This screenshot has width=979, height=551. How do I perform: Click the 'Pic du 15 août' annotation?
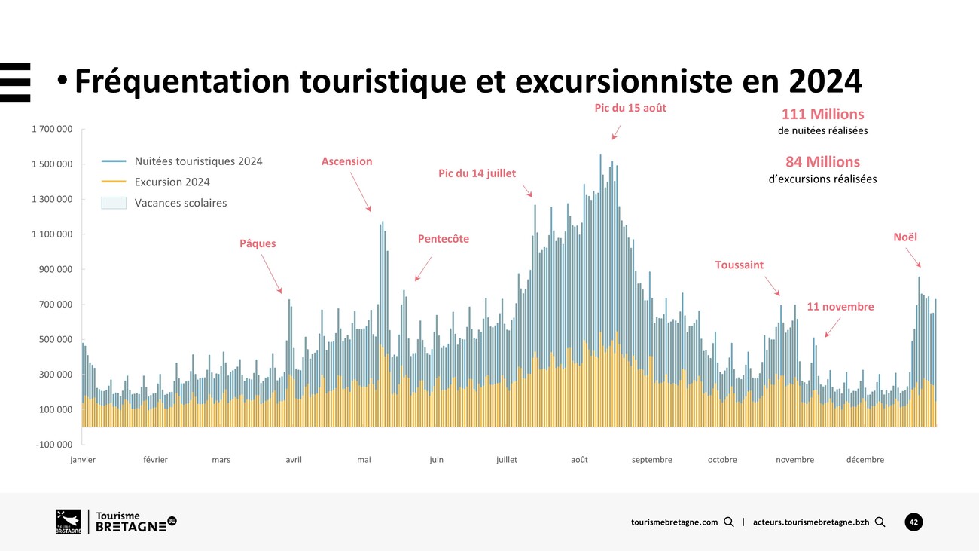point(630,108)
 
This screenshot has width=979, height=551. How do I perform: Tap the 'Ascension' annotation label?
point(346,161)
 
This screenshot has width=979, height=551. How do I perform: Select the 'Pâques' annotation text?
point(258,243)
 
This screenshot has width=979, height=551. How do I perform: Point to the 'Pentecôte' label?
point(443,239)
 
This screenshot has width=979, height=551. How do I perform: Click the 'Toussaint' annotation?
point(739,265)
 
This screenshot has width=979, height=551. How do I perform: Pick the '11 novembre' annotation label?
point(840,307)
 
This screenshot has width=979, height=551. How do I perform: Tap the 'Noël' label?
point(905,237)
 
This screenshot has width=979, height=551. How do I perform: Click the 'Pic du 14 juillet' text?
point(477,173)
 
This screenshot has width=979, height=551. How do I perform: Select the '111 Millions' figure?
point(822,115)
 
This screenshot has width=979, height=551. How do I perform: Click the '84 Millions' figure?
point(822,162)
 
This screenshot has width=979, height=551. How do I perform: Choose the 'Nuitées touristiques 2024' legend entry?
point(198,161)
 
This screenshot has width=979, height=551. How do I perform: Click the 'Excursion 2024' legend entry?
point(172,182)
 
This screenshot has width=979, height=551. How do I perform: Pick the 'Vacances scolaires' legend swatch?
point(114,203)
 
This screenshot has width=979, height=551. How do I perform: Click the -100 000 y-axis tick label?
point(53,445)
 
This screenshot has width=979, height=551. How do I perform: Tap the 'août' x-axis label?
point(579,460)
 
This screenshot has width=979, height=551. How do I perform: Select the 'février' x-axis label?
point(155,460)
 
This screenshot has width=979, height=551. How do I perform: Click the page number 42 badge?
point(913,522)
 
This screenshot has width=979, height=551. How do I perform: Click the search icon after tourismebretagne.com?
point(728,522)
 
